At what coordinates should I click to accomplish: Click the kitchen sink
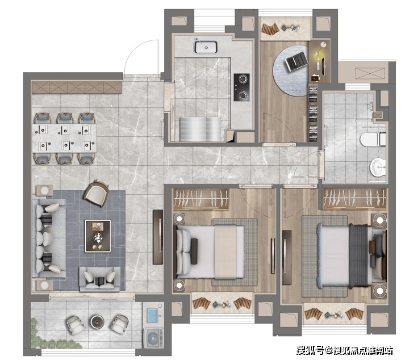[x=206, y=47]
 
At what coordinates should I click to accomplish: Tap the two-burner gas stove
[x=241, y=87]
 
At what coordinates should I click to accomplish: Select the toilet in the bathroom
[x=373, y=139]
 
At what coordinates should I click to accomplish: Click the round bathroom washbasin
[x=378, y=167]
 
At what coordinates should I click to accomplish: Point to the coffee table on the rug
[x=98, y=236]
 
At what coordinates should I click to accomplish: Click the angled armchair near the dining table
[x=97, y=193]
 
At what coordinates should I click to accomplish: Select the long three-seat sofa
[x=49, y=238]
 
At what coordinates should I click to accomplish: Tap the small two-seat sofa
[x=100, y=279]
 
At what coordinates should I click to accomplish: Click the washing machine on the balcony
[x=153, y=338]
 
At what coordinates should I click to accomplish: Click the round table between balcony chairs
[x=97, y=321]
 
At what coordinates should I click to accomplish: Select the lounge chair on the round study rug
[x=296, y=61]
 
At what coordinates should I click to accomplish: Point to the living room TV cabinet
[x=158, y=237]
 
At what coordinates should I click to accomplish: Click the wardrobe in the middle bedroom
[x=200, y=199]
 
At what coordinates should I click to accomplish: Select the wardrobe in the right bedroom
[x=354, y=199]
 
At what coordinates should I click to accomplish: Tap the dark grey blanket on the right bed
[x=358, y=256]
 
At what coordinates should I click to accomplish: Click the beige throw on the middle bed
[x=225, y=252]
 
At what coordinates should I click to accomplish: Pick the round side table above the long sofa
[x=45, y=191]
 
